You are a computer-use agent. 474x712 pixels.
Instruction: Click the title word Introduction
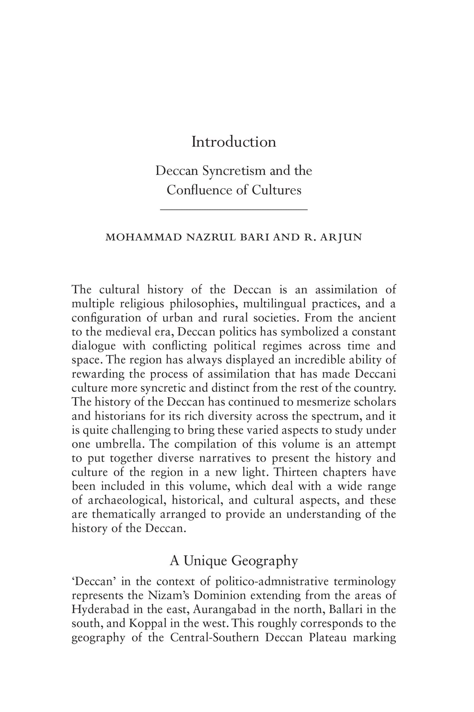point(234,142)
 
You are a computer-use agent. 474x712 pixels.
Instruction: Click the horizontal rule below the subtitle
point(234,209)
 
